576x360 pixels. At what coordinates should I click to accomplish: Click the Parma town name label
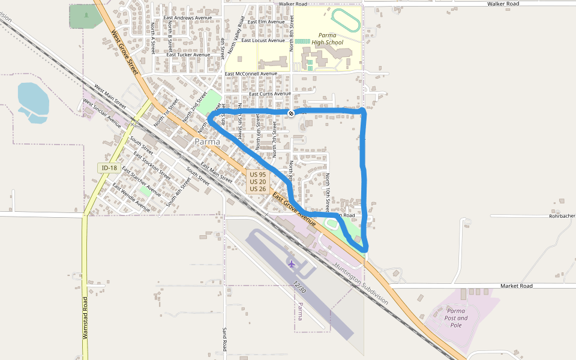pos(207,142)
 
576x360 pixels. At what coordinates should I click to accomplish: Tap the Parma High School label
pos(331,39)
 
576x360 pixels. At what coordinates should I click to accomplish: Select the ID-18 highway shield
pos(109,168)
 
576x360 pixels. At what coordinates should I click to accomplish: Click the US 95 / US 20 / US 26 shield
pos(257,181)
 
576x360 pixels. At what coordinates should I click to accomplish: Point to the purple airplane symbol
pos(292,263)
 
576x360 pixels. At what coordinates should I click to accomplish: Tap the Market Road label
pos(516,286)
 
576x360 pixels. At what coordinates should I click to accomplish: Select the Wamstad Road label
pos(85,318)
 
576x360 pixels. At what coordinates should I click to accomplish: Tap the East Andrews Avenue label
pos(188,17)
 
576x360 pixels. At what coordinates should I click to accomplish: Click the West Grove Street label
pos(125,53)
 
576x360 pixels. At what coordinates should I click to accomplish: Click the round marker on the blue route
pos(291,113)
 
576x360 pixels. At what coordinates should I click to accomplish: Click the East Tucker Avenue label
pos(188,55)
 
